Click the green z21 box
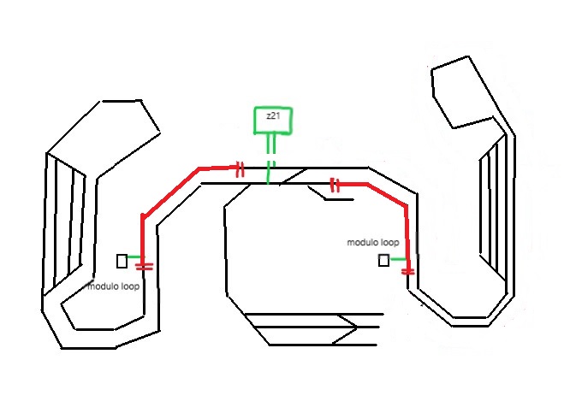pos(272,121)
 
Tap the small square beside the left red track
pos(122,260)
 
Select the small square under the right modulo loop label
pos(384,259)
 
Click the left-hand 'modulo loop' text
pos(114,286)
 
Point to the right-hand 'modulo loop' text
pos(372,243)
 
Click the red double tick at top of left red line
pos(240,169)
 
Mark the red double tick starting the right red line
pos(336,184)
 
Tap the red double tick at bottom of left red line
pos(144,267)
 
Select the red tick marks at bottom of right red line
pos(408,271)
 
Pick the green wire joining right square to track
pos(398,258)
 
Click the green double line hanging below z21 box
pos(271,145)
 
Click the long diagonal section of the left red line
pos(169,192)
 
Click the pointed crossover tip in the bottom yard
pos(353,326)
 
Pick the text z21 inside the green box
pos(272,115)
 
